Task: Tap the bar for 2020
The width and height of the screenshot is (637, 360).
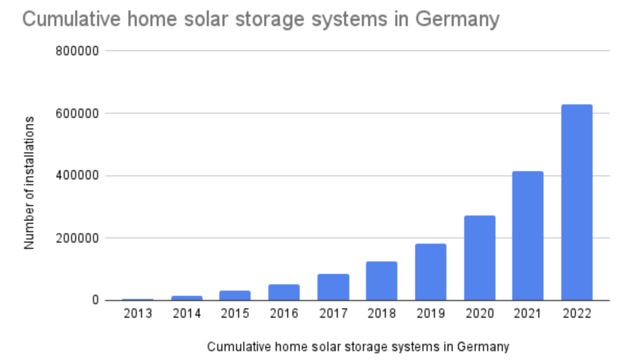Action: tap(479, 258)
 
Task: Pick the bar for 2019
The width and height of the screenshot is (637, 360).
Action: tap(431, 272)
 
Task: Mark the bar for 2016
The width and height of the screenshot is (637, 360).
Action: tap(284, 292)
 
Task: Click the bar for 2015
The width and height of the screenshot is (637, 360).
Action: tap(235, 295)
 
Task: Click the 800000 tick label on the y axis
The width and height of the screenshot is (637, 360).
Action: tap(77, 51)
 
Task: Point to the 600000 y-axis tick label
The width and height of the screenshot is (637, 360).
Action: tap(77, 113)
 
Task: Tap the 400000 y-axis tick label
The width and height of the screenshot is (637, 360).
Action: tap(77, 176)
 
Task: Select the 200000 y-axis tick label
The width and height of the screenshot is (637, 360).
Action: tap(77, 238)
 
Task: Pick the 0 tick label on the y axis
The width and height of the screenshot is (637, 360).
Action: tap(96, 301)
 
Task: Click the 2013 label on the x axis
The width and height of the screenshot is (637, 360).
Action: tap(138, 314)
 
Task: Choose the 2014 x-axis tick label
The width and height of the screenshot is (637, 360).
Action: tap(186, 314)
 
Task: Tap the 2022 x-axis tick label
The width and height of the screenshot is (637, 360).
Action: tap(576, 314)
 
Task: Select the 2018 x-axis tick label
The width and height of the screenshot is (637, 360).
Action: tap(382, 314)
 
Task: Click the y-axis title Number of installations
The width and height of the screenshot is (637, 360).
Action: tap(29, 182)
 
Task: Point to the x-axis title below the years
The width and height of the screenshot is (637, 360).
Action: tap(358, 347)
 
